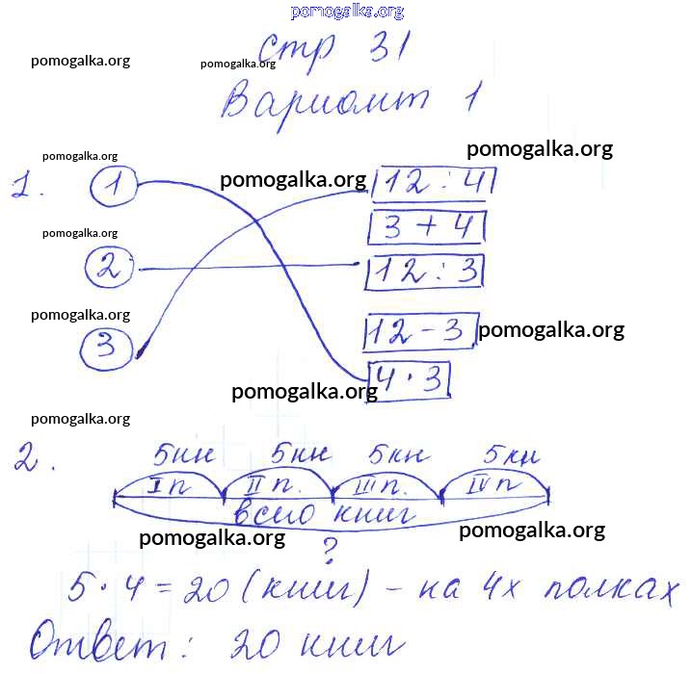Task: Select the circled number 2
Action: click(109, 268)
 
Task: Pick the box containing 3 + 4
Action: click(427, 228)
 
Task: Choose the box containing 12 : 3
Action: click(426, 272)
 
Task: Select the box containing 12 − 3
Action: click(420, 333)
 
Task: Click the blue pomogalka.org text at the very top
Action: click(346, 12)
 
